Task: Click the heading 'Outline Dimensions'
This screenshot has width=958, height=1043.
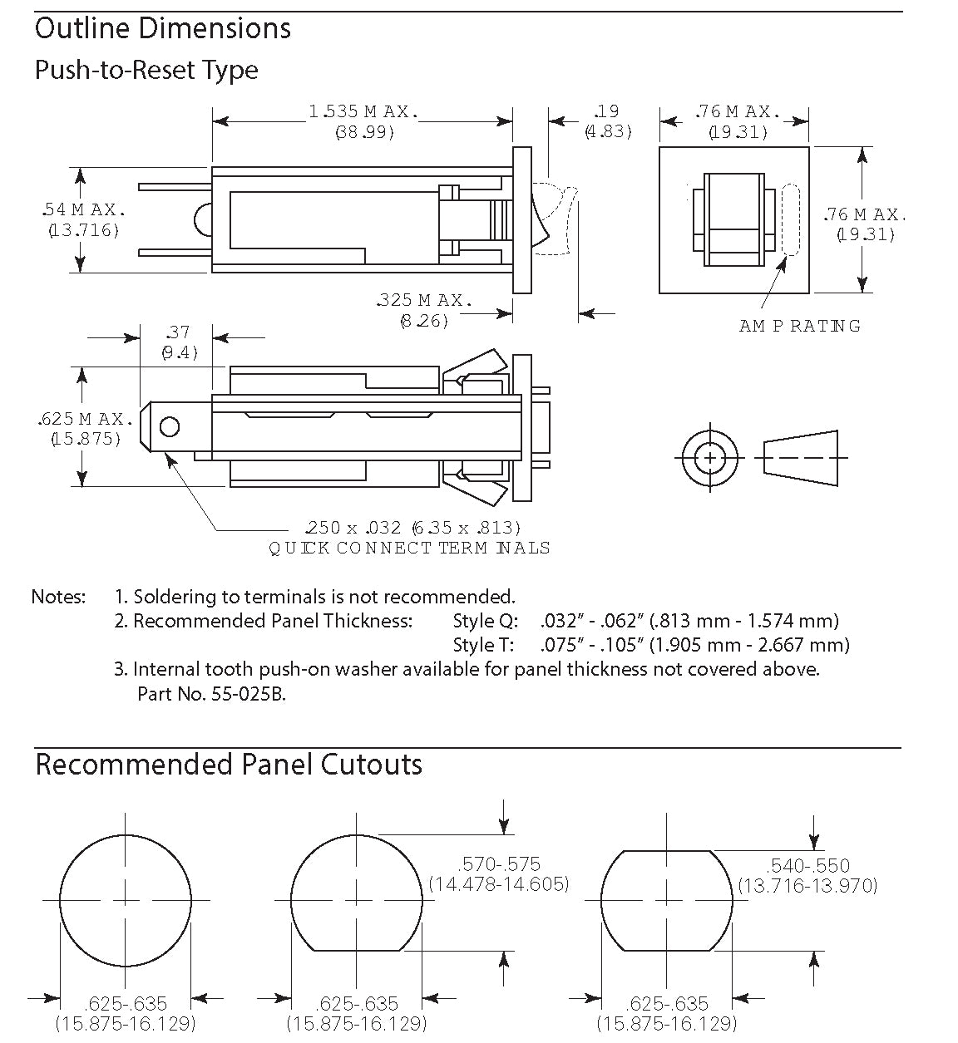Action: [163, 29]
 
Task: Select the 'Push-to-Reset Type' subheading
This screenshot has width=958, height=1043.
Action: [146, 70]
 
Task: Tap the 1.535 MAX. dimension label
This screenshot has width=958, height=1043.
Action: [363, 111]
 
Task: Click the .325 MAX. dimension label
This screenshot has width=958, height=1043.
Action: [424, 300]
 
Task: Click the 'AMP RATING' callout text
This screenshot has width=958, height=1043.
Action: [799, 326]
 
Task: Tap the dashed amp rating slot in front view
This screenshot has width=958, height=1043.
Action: [789, 219]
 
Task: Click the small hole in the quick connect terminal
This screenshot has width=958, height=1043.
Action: [169, 427]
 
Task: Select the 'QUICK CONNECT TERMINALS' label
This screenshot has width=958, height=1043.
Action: [409, 548]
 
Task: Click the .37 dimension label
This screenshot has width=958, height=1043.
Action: [178, 332]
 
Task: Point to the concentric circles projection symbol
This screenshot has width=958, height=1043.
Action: [709, 458]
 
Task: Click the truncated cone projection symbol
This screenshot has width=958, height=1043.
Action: [800, 458]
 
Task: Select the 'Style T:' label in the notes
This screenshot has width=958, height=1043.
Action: [483, 645]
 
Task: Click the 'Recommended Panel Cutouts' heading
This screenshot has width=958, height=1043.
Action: [229, 765]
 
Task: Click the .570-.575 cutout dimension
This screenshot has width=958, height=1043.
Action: [499, 864]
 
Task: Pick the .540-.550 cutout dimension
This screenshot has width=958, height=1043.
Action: [808, 865]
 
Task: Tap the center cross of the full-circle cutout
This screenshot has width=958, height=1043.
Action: [125, 900]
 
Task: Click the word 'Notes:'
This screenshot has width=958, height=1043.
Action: [58, 597]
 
